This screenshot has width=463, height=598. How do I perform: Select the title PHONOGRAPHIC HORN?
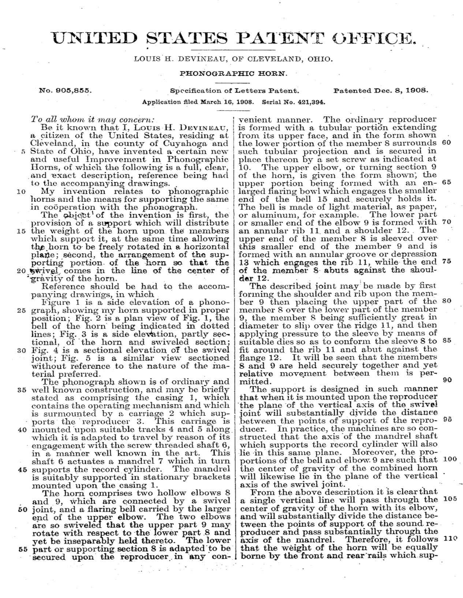pyautogui.click(x=234, y=73)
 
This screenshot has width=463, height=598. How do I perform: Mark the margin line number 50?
pyautogui.click(x=21, y=509)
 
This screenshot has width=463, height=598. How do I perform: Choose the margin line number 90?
pyautogui.click(x=447, y=380)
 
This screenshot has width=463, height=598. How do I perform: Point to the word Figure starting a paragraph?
pyautogui.click(x=56, y=303)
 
